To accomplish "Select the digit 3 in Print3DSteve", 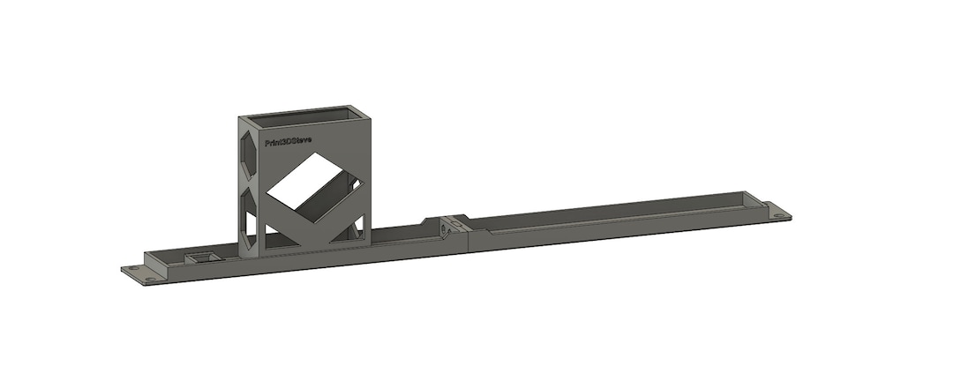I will point(284,140).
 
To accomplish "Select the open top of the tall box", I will point(305,114).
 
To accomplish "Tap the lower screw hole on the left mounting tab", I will point(151,280).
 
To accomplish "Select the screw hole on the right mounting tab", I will point(777,215).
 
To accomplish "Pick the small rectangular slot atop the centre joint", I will point(456,218).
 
